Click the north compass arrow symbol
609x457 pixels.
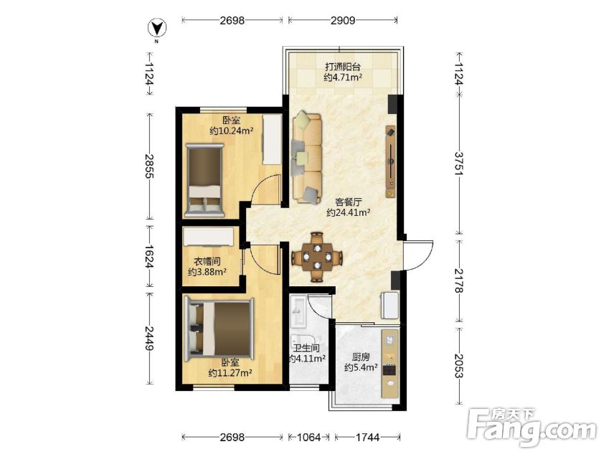157,29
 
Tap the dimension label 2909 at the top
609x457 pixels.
343,20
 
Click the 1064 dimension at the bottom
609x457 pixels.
308,438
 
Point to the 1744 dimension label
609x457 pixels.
367,438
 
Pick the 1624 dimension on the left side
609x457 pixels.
149,257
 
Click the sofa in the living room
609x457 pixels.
307,158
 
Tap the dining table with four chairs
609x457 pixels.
317,257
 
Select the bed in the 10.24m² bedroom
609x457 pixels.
204,180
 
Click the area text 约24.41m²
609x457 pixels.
348,212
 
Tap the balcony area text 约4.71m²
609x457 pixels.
343,77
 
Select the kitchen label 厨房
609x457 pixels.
360,357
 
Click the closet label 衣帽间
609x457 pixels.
207,261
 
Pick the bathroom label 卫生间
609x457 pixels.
306,348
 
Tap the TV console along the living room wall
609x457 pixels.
390,161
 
